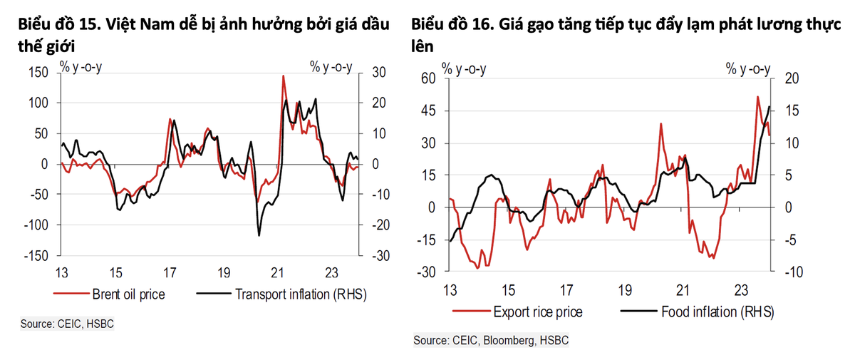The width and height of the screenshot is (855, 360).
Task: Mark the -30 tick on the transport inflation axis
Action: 375,255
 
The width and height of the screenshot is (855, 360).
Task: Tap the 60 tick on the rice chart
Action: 427,78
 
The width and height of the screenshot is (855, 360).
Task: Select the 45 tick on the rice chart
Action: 427,110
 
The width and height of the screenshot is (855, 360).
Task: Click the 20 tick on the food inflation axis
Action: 790,78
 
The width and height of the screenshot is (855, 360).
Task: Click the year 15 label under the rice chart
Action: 507,290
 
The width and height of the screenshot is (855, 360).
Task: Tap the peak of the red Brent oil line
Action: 284,76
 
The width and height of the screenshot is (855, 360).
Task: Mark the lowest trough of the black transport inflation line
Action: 259,235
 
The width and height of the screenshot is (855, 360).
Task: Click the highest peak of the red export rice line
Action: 757,97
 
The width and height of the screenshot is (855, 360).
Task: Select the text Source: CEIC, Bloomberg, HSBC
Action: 491,341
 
